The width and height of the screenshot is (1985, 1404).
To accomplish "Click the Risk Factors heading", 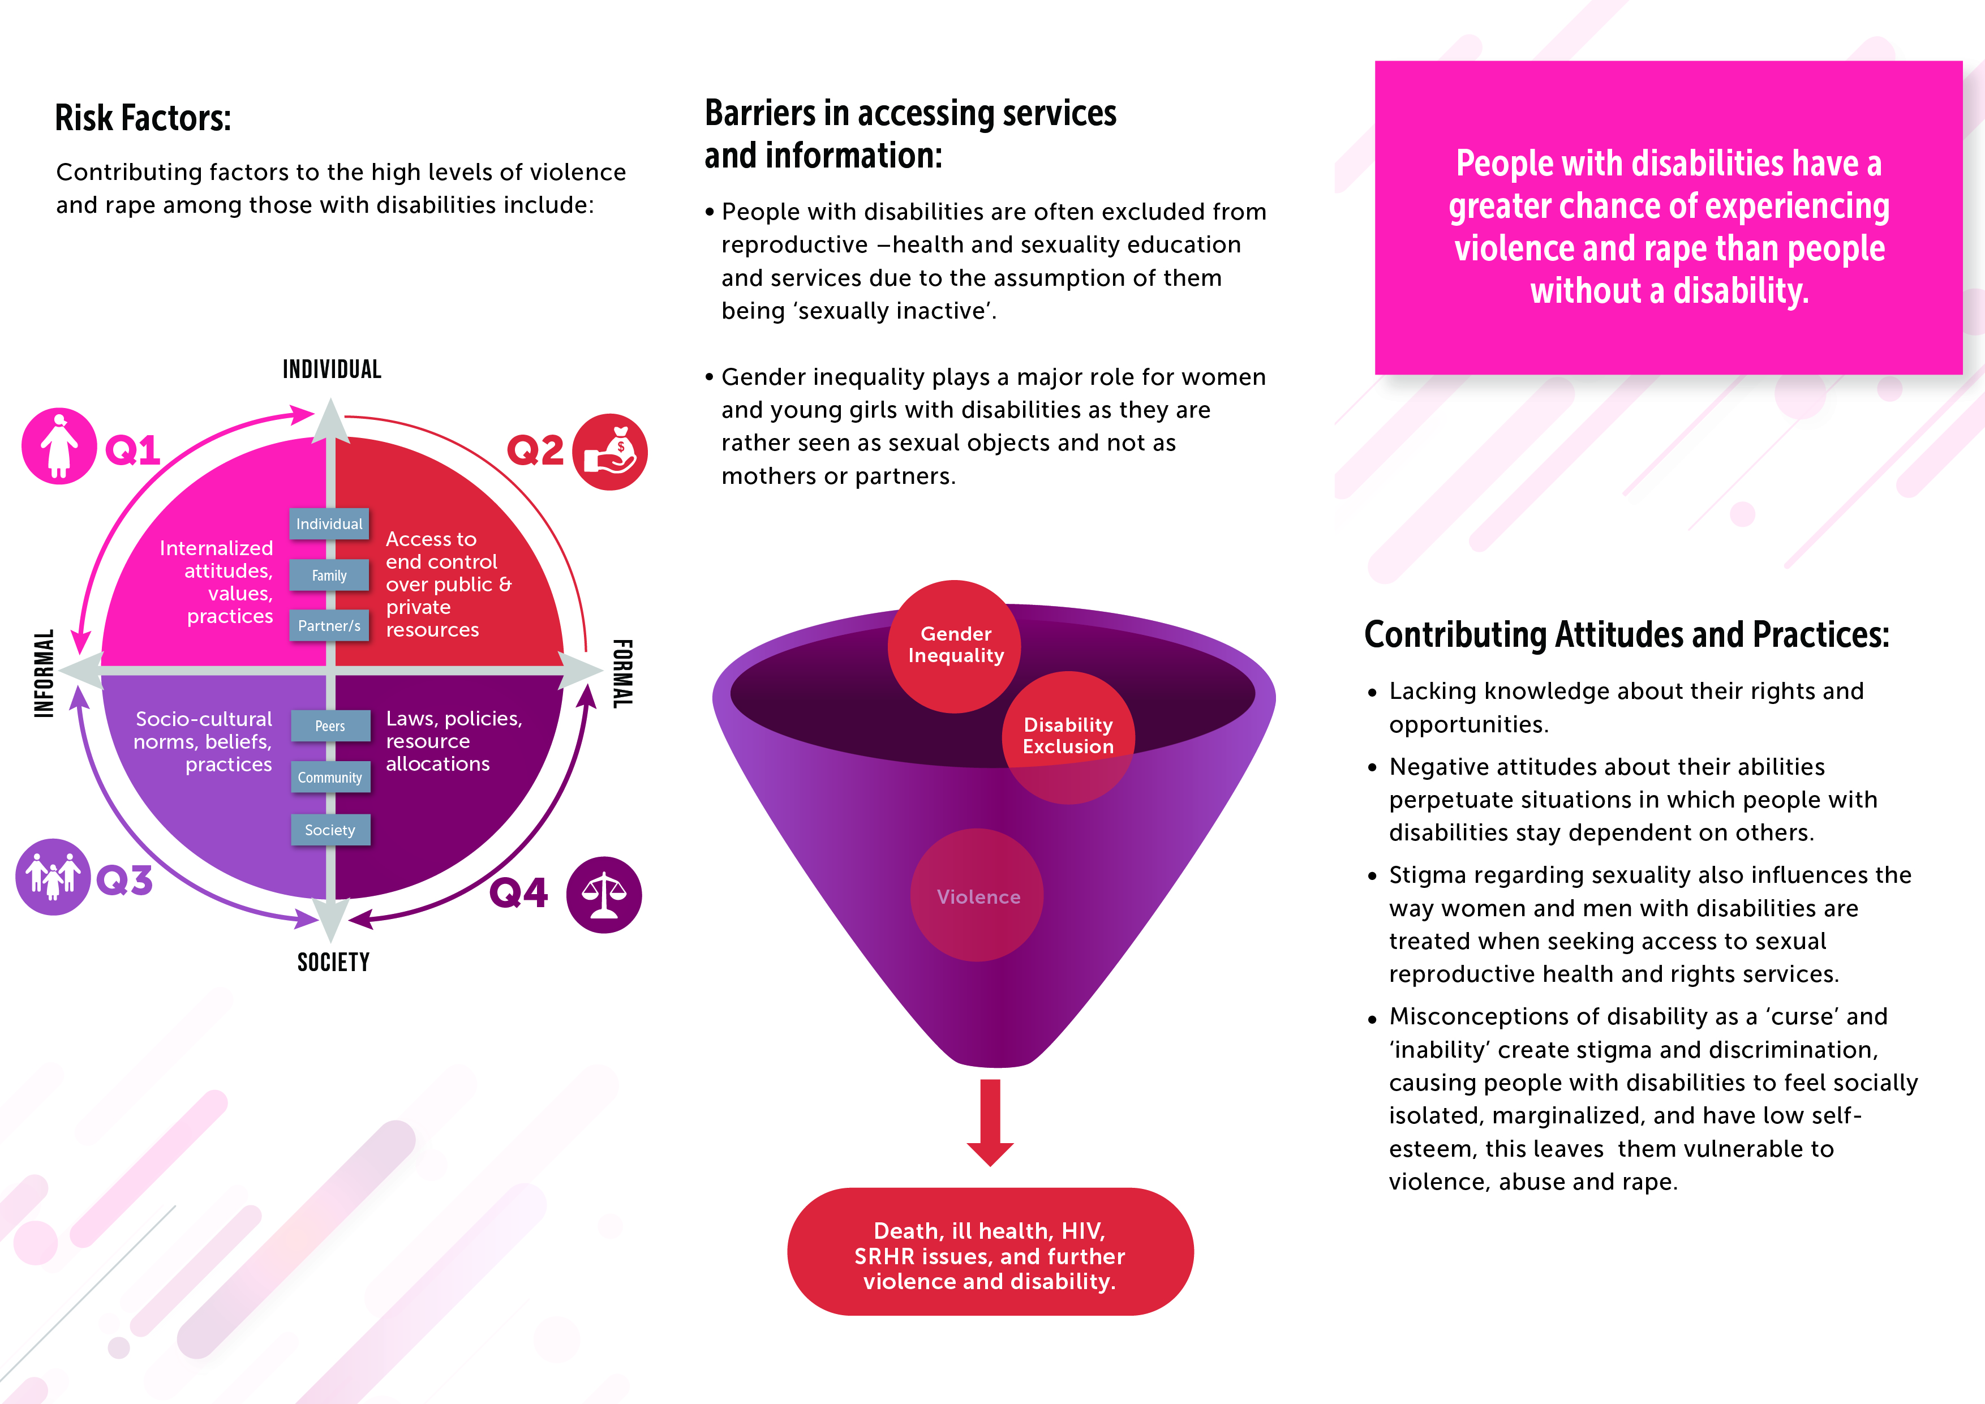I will coord(143,118).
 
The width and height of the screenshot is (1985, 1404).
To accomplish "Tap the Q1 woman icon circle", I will coord(59,446).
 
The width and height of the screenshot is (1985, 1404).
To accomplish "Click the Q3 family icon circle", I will coord(53,877).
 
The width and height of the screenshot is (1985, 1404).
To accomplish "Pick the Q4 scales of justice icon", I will coord(603,895).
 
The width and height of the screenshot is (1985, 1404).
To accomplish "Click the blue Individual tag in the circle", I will coord(329,524).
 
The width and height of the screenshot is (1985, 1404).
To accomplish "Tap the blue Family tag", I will coord(329,575).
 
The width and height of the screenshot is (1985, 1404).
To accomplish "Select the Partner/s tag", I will coord(329,626).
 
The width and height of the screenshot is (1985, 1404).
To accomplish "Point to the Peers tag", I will coord(330,726).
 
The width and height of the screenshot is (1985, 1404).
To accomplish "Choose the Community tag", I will coord(330,777).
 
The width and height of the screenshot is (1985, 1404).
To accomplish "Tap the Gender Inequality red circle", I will coord(955,646).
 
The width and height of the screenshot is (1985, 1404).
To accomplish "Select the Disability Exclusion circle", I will coord(1068,737).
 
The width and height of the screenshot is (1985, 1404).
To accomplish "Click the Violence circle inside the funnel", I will coord(978,896).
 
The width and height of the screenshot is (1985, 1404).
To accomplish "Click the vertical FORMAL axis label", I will coord(622,675).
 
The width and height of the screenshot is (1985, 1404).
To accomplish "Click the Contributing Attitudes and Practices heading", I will coord(1626,634).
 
